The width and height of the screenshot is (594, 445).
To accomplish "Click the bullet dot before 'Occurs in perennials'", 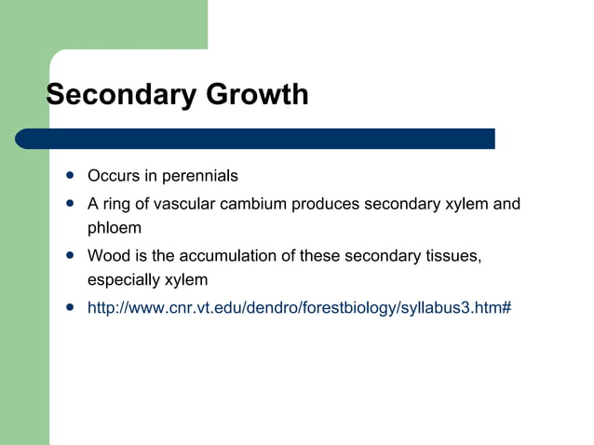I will (x=70, y=175).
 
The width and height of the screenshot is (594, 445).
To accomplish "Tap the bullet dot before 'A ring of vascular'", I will (x=70, y=203).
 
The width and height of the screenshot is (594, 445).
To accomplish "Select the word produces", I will (x=325, y=204).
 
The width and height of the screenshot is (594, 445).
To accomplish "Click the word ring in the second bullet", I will (x=116, y=204).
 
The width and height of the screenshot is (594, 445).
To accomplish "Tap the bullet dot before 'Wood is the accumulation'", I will (x=70, y=255).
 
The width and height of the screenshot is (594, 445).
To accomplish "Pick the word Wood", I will (x=106, y=256).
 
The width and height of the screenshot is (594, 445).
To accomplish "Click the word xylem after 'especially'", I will (x=186, y=280).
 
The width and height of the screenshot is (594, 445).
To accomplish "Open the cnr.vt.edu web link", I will (x=299, y=308).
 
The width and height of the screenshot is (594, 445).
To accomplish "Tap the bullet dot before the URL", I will (x=70, y=307).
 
